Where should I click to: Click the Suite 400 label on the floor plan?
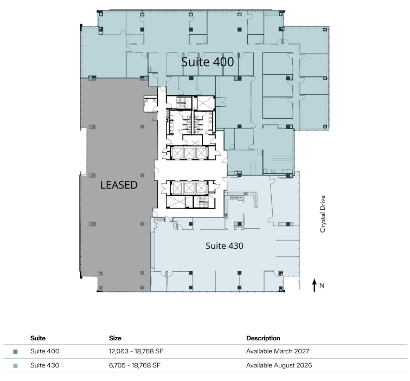coord(207,62)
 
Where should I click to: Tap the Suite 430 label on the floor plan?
coord(224,246)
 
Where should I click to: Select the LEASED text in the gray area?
coord(119,185)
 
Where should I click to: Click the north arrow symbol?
coord(314,285)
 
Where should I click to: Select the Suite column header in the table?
coord(38,338)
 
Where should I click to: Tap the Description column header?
coord(263,338)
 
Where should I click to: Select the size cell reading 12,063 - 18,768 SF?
coord(136,351)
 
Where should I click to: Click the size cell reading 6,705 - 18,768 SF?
coord(134,365)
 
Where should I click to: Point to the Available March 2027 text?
coord(278,351)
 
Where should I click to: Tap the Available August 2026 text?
coord(279,365)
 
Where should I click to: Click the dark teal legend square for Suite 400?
coord(15,352)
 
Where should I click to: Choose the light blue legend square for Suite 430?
coord(15,366)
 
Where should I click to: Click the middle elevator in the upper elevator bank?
coord(189,153)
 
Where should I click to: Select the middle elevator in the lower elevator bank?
coord(189,188)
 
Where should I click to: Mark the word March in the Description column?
coord(284,351)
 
